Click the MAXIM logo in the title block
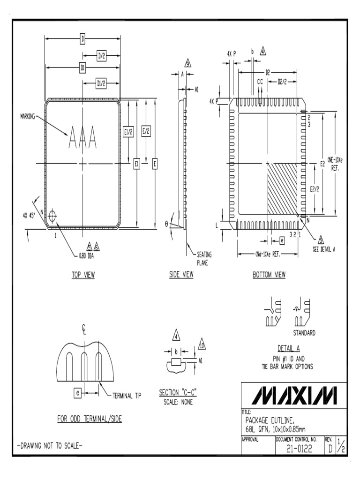(294, 395)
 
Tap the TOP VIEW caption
(83, 275)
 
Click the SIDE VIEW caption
(181, 275)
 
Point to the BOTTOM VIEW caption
(269, 275)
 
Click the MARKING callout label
(28, 115)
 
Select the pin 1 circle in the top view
(52, 216)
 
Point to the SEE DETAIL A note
(324, 249)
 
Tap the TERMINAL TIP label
(127, 396)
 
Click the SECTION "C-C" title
(177, 392)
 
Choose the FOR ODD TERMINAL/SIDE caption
(89, 419)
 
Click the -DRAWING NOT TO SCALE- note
(50, 446)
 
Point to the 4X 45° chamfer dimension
(31, 216)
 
